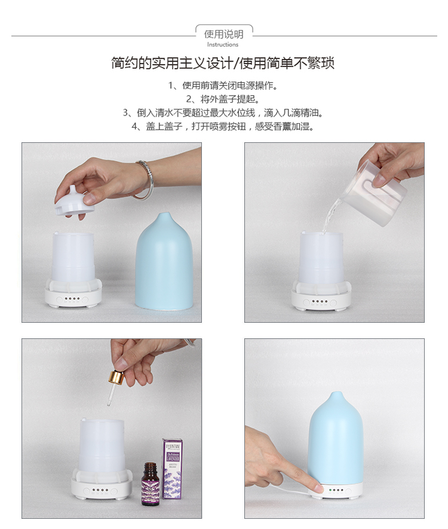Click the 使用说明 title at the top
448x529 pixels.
tap(223, 34)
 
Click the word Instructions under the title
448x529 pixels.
tap(223, 45)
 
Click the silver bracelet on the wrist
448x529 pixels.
tap(145, 179)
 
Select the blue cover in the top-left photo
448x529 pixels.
tap(164, 263)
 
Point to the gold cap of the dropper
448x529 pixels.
tap(116, 378)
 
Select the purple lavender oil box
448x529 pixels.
tap(173, 469)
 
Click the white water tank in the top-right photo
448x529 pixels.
tap(322, 260)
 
